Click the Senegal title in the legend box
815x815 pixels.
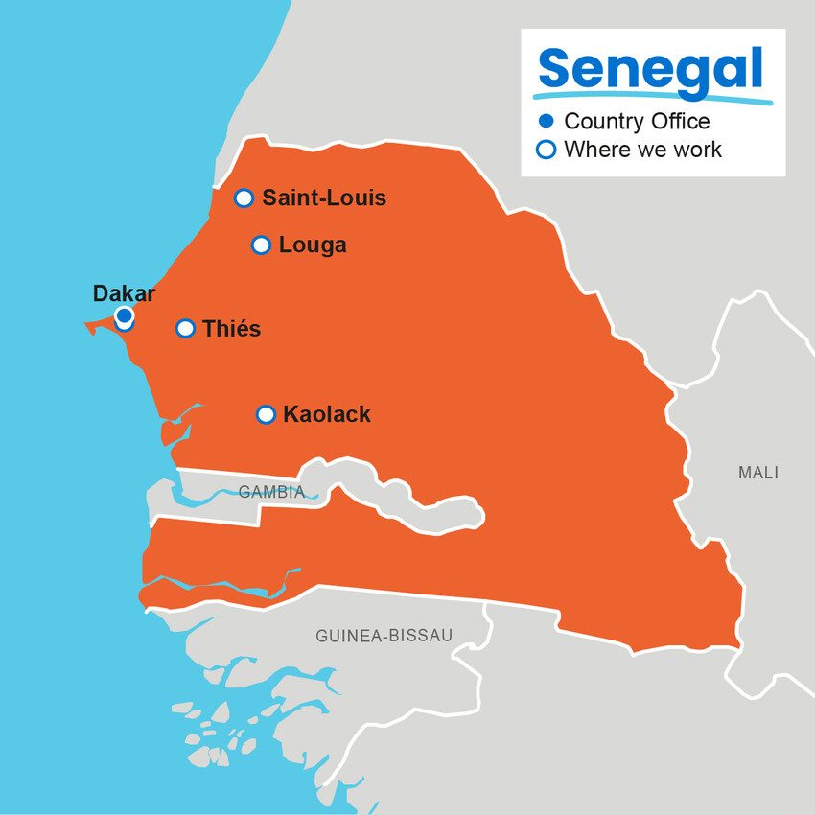651,69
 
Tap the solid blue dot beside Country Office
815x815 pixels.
547,121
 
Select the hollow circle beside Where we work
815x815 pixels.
547,150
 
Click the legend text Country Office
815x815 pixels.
637,121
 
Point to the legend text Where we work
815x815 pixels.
642,150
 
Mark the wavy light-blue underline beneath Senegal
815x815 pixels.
652,98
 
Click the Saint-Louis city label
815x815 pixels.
324,198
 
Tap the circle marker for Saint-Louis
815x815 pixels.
244,198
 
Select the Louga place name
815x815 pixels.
313,245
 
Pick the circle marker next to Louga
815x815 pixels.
261,245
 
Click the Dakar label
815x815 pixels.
124,294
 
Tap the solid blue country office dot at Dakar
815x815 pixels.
124,314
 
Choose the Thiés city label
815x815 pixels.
231,329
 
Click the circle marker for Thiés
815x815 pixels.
186,329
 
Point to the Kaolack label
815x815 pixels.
326,415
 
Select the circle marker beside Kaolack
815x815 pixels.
267,415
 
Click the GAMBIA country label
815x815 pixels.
271,493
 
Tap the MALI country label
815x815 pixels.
758,473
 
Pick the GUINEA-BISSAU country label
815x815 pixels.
384,636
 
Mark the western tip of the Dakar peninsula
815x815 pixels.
87,327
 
